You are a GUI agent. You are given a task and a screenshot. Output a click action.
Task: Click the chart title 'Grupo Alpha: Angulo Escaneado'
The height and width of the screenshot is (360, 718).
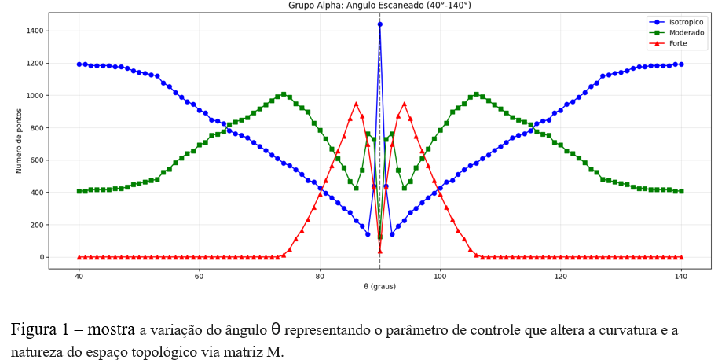point(379,6)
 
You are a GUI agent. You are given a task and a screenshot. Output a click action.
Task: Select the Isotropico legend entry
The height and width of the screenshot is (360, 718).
point(685,22)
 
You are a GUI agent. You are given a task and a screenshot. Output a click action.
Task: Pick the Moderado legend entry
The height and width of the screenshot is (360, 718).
point(686,33)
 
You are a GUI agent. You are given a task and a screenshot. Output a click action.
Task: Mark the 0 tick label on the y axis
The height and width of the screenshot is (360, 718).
point(42,257)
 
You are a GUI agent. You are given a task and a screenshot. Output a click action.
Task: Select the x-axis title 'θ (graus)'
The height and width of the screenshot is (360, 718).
point(379,287)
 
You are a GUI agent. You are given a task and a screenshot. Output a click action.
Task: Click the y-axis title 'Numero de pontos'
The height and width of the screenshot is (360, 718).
point(19,141)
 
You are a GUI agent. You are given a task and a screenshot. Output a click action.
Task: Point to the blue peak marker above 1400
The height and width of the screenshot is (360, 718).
point(380,24)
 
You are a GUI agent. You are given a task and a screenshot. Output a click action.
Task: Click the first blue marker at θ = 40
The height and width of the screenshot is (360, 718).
point(79,64)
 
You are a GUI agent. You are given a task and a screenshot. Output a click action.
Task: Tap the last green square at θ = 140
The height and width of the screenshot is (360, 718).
point(681,191)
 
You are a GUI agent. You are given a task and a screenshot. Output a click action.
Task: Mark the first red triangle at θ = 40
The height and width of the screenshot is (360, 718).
point(79,257)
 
